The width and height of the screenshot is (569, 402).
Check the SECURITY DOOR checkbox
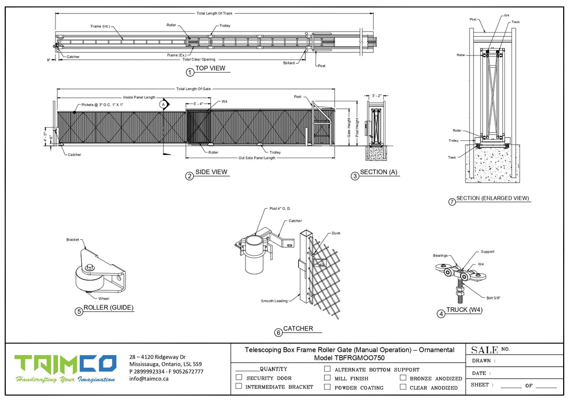pyautogui.click(x=239, y=377)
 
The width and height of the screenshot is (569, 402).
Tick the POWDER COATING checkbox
pyautogui.click(x=327, y=387)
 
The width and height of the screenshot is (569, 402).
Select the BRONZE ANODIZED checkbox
pyautogui.click(x=403, y=378)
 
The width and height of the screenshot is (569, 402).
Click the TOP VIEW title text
pyautogui.click(x=210, y=68)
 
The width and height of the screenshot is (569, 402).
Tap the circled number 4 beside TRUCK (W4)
pyautogui.click(x=441, y=314)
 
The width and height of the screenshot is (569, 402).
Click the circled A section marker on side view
pyautogui.click(x=163, y=105)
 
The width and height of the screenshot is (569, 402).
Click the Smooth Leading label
pyautogui.click(x=274, y=301)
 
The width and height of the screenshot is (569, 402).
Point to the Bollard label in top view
pyautogui.click(x=289, y=63)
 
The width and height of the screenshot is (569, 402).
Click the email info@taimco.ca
pyautogui.click(x=149, y=378)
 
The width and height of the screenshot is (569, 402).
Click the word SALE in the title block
pyautogui.click(x=485, y=350)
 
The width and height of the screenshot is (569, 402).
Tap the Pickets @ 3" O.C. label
pyautogui.click(x=102, y=105)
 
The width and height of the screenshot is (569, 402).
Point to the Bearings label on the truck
pyautogui.click(x=440, y=256)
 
